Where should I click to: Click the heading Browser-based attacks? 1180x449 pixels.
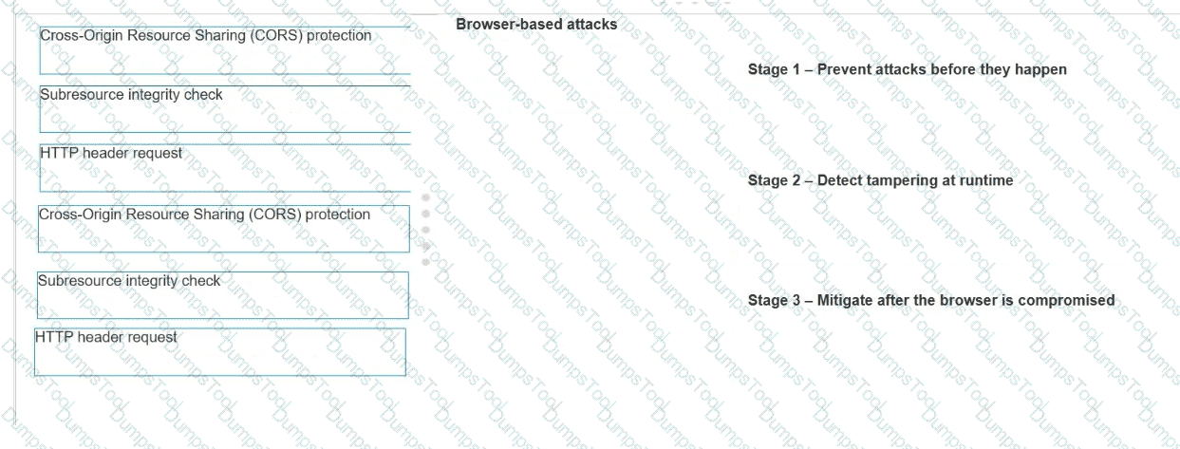coord(536,25)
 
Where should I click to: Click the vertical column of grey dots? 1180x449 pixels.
coord(425,230)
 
